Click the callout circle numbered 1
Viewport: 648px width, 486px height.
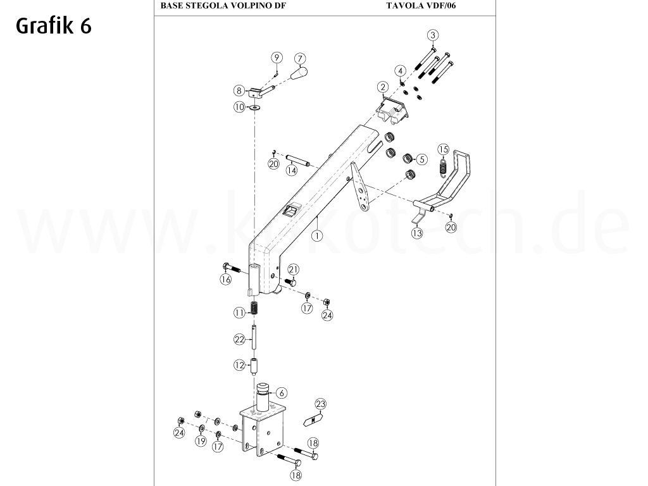316,234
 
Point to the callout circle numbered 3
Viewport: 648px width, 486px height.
432,35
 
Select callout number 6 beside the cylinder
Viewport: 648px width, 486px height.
282,393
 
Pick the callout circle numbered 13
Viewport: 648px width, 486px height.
416,234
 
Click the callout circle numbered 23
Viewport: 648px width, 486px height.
321,403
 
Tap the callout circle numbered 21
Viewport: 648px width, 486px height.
293,269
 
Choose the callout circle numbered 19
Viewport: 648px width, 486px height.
201,441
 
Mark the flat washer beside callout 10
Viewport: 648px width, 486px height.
256,108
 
